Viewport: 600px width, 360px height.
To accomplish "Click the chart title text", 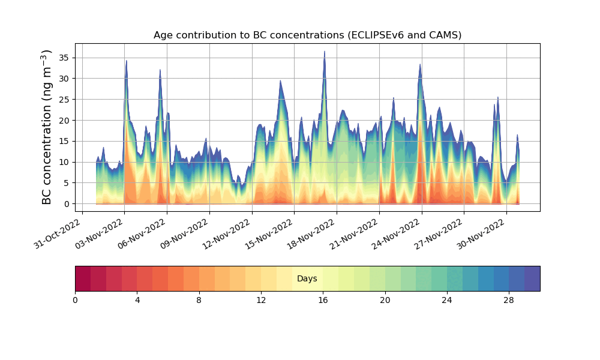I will pos(307,35).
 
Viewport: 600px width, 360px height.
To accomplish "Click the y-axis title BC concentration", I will pos(47,127).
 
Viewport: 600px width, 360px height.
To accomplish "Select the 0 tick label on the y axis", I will pos(67,204).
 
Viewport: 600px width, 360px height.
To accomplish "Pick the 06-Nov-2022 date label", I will pos(143,235).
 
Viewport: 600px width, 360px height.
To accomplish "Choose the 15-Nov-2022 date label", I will pos(270,235).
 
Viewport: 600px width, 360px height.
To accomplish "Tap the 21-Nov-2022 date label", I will pos(355,235).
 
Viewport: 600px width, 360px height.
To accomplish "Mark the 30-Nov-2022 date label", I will pos(482,235).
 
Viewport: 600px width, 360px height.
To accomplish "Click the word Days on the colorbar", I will pos(307,279).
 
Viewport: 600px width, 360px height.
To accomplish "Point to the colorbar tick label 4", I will pos(137,300).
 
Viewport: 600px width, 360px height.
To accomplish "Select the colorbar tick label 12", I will pos(261,300).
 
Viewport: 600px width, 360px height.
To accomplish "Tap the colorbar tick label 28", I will pos(509,300).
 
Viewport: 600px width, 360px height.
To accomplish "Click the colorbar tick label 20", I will pos(385,300).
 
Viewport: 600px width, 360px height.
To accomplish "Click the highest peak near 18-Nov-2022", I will pos(325,52).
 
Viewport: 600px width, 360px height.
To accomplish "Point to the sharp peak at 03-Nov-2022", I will pos(126,61).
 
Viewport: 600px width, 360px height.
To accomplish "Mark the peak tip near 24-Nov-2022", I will pos(420,65).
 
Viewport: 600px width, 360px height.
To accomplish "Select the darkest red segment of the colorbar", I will pos(83,278).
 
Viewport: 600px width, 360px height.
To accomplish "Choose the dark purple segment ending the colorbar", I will pos(532,278).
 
